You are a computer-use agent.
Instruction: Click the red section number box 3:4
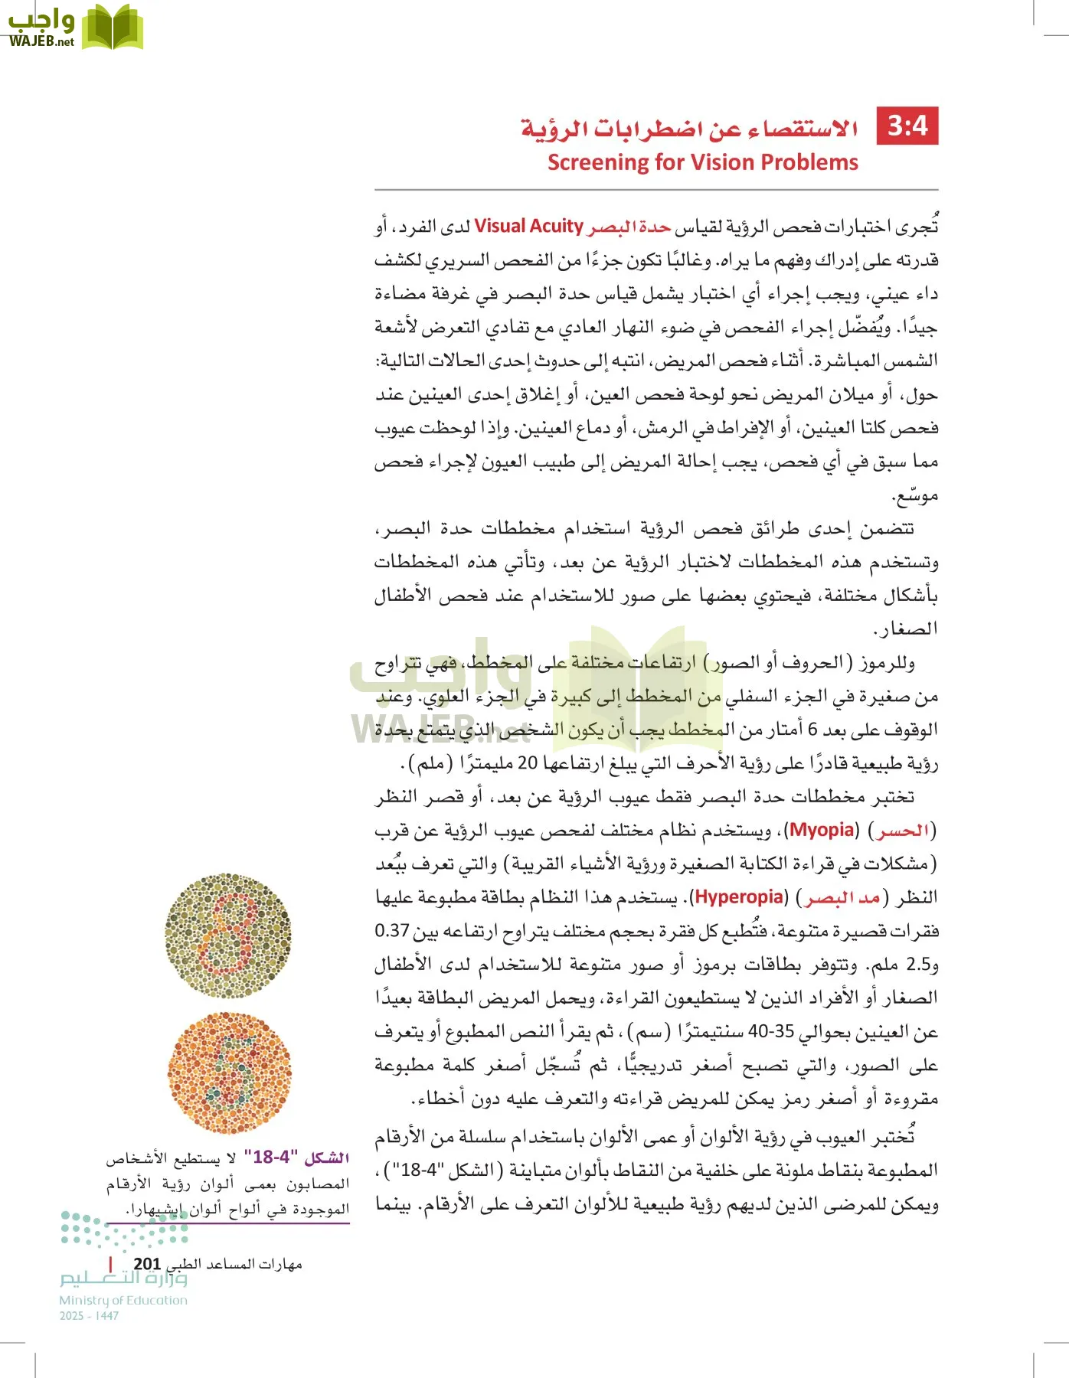[x=907, y=126]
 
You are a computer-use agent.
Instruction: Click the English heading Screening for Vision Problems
[x=702, y=162]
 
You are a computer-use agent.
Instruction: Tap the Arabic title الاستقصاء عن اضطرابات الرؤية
[x=689, y=128]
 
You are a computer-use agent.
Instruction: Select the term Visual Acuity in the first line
[x=528, y=226]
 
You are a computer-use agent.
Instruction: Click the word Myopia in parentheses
[x=822, y=830]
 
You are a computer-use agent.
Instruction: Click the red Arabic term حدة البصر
[x=629, y=227]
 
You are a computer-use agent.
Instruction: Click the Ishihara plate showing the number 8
[x=228, y=936]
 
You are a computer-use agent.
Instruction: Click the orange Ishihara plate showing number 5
[x=229, y=1073]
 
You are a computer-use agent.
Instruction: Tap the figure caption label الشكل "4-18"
[x=297, y=1157]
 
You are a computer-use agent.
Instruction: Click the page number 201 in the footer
[x=147, y=1264]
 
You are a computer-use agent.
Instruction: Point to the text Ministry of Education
[x=123, y=1300]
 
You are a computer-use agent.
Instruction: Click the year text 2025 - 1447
[x=89, y=1316]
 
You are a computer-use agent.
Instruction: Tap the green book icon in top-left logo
[x=112, y=28]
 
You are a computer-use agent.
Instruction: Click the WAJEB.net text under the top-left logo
[x=41, y=41]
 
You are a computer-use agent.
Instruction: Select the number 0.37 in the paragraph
[x=391, y=931]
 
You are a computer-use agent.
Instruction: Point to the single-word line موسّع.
[x=914, y=495]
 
